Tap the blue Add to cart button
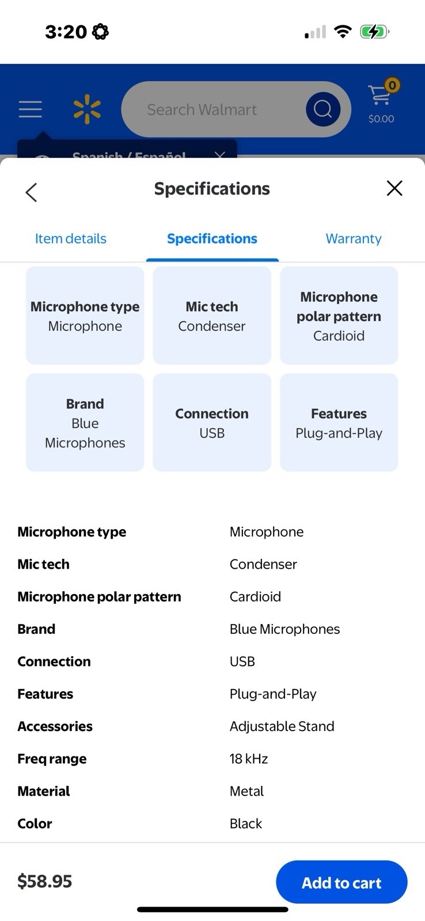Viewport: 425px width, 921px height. [x=341, y=882]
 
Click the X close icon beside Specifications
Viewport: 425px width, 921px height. [x=394, y=188]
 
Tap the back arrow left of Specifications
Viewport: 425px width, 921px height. [x=32, y=192]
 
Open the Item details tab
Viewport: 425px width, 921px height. [x=71, y=239]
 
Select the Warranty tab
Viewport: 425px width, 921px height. [x=354, y=239]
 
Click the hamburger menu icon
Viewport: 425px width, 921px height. [x=31, y=109]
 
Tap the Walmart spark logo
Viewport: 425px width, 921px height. [x=87, y=109]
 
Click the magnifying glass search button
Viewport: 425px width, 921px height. [x=322, y=109]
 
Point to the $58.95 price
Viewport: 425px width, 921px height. [x=45, y=881]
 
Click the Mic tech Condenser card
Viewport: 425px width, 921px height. [x=212, y=315]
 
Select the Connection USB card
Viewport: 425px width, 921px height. [x=212, y=423]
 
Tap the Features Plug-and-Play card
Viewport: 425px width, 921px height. [x=339, y=423]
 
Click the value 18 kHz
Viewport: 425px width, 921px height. [x=249, y=759]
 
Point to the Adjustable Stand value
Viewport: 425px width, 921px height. [x=282, y=726]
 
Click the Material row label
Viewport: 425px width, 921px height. [x=44, y=791]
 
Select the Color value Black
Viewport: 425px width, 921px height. [x=246, y=824]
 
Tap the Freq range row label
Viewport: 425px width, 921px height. [x=52, y=759]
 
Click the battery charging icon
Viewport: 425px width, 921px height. [x=374, y=32]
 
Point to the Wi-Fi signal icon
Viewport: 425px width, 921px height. [x=343, y=32]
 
